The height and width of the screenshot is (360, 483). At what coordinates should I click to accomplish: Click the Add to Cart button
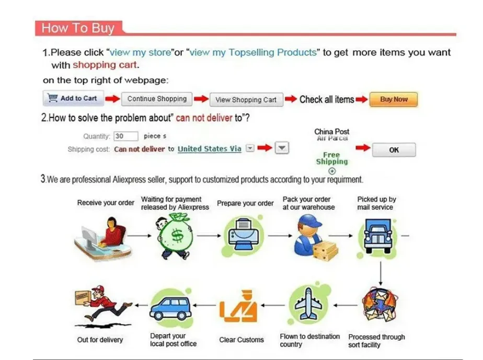tap(73, 98)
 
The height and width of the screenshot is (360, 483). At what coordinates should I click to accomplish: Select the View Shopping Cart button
tap(246, 100)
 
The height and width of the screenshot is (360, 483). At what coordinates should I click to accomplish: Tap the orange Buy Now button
tap(394, 99)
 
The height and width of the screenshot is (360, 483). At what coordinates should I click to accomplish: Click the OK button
tap(394, 150)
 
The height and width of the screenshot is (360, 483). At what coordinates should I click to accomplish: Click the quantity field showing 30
tap(125, 136)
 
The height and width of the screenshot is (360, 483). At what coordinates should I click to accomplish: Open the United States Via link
tap(210, 149)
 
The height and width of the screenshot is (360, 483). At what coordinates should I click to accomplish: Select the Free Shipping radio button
tap(332, 171)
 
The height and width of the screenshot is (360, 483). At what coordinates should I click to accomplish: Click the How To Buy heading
tap(78, 28)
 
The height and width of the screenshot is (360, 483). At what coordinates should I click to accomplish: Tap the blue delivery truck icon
tap(377, 237)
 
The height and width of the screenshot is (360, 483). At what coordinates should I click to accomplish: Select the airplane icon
tap(308, 304)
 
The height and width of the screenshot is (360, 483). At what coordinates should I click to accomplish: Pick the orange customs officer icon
tap(238, 306)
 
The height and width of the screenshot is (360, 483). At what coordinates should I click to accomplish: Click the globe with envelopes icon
tap(380, 305)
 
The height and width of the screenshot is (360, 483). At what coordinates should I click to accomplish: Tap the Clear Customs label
tap(241, 340)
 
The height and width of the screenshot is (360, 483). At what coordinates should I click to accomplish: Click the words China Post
tap(332, 132)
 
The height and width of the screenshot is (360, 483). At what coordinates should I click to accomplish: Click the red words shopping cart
tap(105, 65)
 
